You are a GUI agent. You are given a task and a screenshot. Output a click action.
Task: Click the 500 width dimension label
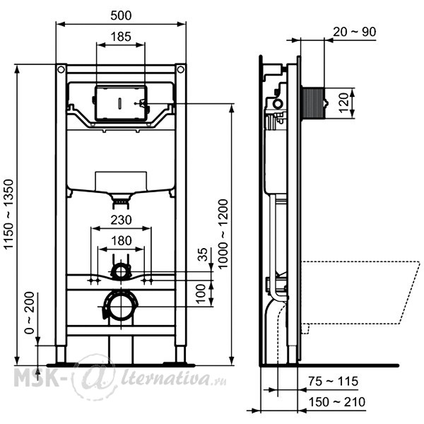[121, 16]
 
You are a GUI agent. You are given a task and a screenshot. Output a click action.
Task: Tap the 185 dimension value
[121, 37]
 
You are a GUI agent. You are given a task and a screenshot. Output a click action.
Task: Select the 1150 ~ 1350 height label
[8, 214]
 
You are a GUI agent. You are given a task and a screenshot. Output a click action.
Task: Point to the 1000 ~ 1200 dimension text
[223, 234]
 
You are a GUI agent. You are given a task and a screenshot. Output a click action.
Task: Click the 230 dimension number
[121, 220]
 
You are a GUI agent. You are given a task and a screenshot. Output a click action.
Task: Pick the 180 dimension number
[122, 241]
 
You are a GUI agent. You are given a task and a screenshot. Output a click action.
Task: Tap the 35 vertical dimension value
[203, 254]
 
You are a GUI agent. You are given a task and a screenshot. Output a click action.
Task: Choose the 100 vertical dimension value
[201, 294]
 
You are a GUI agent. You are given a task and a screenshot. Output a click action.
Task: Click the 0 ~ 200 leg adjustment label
[30, 313]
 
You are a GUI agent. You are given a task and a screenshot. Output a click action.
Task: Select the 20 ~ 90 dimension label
[354, 32]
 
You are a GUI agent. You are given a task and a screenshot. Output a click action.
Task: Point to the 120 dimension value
[343, 103]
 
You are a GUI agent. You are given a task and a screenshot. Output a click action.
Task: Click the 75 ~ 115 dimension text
[333, 382]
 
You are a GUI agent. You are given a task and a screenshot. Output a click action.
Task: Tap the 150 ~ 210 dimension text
[337, 402]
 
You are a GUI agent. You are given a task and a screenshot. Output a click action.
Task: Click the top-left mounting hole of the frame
[61, 69]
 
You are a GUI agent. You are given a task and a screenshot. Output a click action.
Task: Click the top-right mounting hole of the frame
[181, 69]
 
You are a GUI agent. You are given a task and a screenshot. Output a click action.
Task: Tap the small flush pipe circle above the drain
[121, 271]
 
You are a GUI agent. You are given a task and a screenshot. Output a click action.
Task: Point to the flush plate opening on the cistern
[121, 103]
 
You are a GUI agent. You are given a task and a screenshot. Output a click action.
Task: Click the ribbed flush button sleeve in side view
[313, 103]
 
